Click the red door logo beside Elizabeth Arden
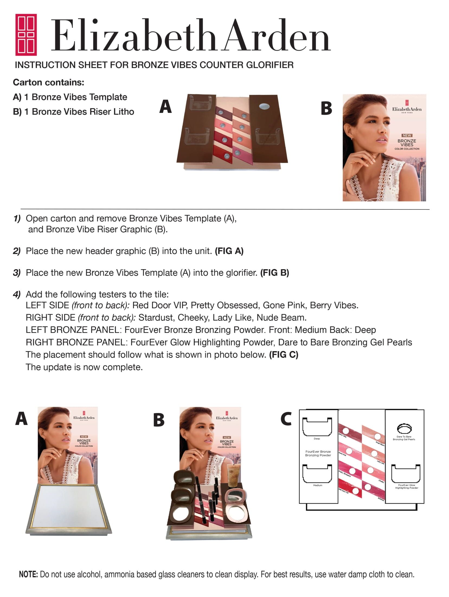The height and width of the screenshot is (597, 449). [26, 34]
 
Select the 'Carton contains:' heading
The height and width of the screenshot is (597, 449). [49, 82]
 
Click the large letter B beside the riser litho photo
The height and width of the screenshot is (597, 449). [326, 108]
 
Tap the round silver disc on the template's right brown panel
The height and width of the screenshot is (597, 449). [264, 106]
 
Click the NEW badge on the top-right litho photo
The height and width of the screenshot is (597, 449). [407, 135]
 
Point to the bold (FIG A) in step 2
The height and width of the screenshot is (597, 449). [229, 251]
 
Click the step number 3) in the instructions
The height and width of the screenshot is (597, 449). [17, 273]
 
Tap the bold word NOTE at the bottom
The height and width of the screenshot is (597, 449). [28, 574]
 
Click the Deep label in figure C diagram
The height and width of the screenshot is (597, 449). [317, 439]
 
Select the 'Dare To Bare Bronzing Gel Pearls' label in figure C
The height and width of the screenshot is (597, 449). [404, 438]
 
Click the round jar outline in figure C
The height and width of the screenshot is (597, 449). [404, 428]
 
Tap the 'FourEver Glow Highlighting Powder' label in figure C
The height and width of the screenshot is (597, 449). [406, 486]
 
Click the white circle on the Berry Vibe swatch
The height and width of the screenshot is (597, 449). [345, 431]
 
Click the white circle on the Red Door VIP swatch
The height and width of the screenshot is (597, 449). [355, 491]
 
